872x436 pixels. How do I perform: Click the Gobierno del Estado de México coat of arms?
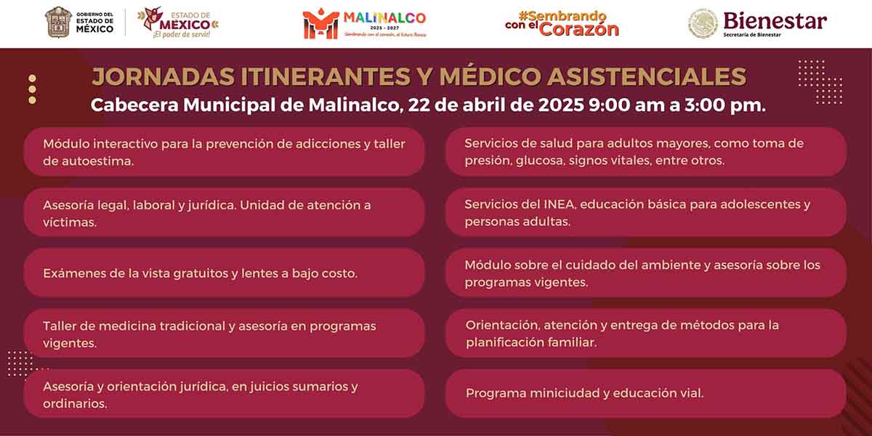point(58,23)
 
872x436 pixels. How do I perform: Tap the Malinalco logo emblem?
point(320,24)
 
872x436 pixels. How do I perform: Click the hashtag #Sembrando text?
point(562,16)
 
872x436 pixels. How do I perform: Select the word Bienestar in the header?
point(775,21)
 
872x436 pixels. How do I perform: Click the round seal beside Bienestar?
point(703,23)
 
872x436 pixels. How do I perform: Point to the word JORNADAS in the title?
point(163,76)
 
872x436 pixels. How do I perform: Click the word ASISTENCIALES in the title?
point(647,76)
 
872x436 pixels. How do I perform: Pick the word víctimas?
point(70,222)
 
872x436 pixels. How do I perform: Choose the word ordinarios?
point(75,404)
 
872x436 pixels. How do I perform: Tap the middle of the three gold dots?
point(32,89)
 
